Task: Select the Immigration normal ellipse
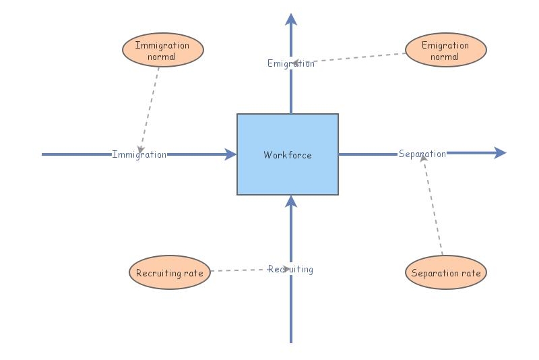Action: click(162, 51)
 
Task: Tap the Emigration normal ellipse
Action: click(445, 51)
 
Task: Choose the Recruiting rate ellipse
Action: click(169, 273)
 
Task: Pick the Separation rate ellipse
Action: click(445, 273)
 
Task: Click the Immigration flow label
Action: click(139, 154)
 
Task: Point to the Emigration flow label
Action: click(290, 63)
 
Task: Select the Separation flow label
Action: click(422, 154)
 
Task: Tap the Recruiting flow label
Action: click(290, 269)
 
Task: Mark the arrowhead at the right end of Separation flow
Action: click(499, 153)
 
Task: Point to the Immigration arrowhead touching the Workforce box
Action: click(230, 154)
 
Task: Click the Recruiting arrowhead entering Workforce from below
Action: click(291, 201)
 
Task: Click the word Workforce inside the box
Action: click(288, 155)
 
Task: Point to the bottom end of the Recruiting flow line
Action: click(291, 341)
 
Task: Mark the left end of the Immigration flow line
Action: click(44, 154)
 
